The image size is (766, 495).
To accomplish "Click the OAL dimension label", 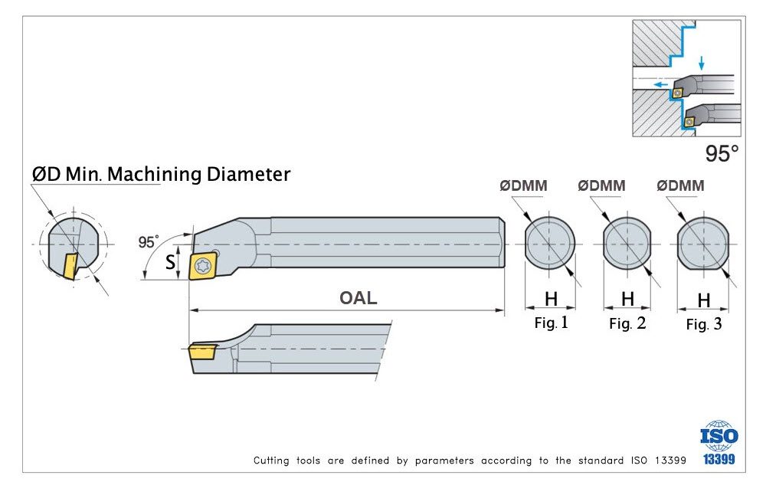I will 358,298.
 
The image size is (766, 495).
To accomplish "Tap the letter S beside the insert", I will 171,264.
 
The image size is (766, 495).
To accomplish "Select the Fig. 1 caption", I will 551,323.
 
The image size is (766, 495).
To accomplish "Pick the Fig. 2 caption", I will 627,323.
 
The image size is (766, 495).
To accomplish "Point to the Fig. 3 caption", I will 703,324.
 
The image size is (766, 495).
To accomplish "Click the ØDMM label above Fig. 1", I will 522,186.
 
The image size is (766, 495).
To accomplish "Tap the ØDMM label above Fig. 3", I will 680,186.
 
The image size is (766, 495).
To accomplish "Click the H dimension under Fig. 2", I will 627,299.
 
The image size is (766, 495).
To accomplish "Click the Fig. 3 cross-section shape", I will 702,244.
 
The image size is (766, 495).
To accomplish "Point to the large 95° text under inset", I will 722,154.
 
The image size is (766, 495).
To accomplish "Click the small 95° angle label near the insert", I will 148,241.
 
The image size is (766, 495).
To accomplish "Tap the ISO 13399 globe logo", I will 719,438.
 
